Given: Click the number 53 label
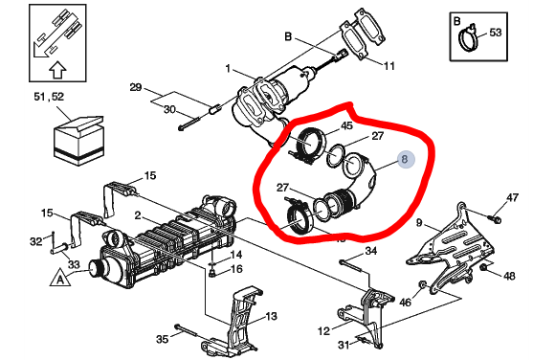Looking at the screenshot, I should tap(496, 33).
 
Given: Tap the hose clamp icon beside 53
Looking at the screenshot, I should tap(469, 38).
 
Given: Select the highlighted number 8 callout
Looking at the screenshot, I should tap(405, 162).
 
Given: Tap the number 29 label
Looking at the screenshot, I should tap(135, 87).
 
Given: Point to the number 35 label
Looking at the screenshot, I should tap(162, 339).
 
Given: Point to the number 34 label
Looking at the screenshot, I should tap(371, 252).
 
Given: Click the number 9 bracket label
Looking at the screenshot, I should tap(418, 223).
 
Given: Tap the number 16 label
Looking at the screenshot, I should tap(237, 271).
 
